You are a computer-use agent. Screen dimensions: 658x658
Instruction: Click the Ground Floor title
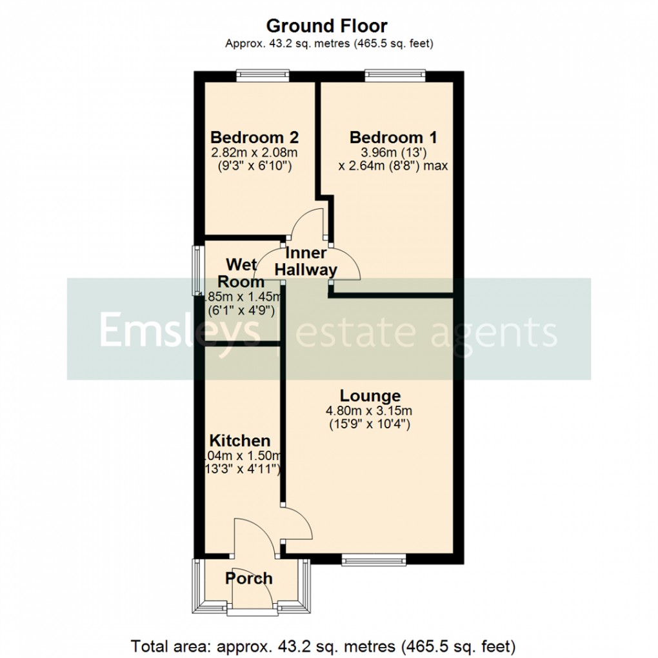[x=326, y=26]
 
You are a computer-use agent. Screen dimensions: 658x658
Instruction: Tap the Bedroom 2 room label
[x=254, y=137]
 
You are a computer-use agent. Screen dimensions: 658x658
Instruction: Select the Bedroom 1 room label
[x=393, y=137]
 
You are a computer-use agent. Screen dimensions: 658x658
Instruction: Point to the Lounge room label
[x=370, y=395]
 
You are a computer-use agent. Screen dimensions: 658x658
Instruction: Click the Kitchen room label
[x=240, y=441]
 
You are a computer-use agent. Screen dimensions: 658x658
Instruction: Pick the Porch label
[x=249, y=578]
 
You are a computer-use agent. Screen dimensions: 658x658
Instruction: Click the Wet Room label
[x=243, y=273]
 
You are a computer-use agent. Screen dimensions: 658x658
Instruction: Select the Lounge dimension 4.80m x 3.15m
[x=370, y=410]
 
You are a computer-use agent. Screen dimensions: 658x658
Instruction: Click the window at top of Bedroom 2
[x=262, y=75]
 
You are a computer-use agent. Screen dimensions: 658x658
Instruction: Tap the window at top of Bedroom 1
[x=395, y=75]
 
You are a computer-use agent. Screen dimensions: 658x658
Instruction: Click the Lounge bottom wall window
[x=374, y=561]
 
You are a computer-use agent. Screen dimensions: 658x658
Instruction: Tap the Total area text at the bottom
[x=323, y=645]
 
